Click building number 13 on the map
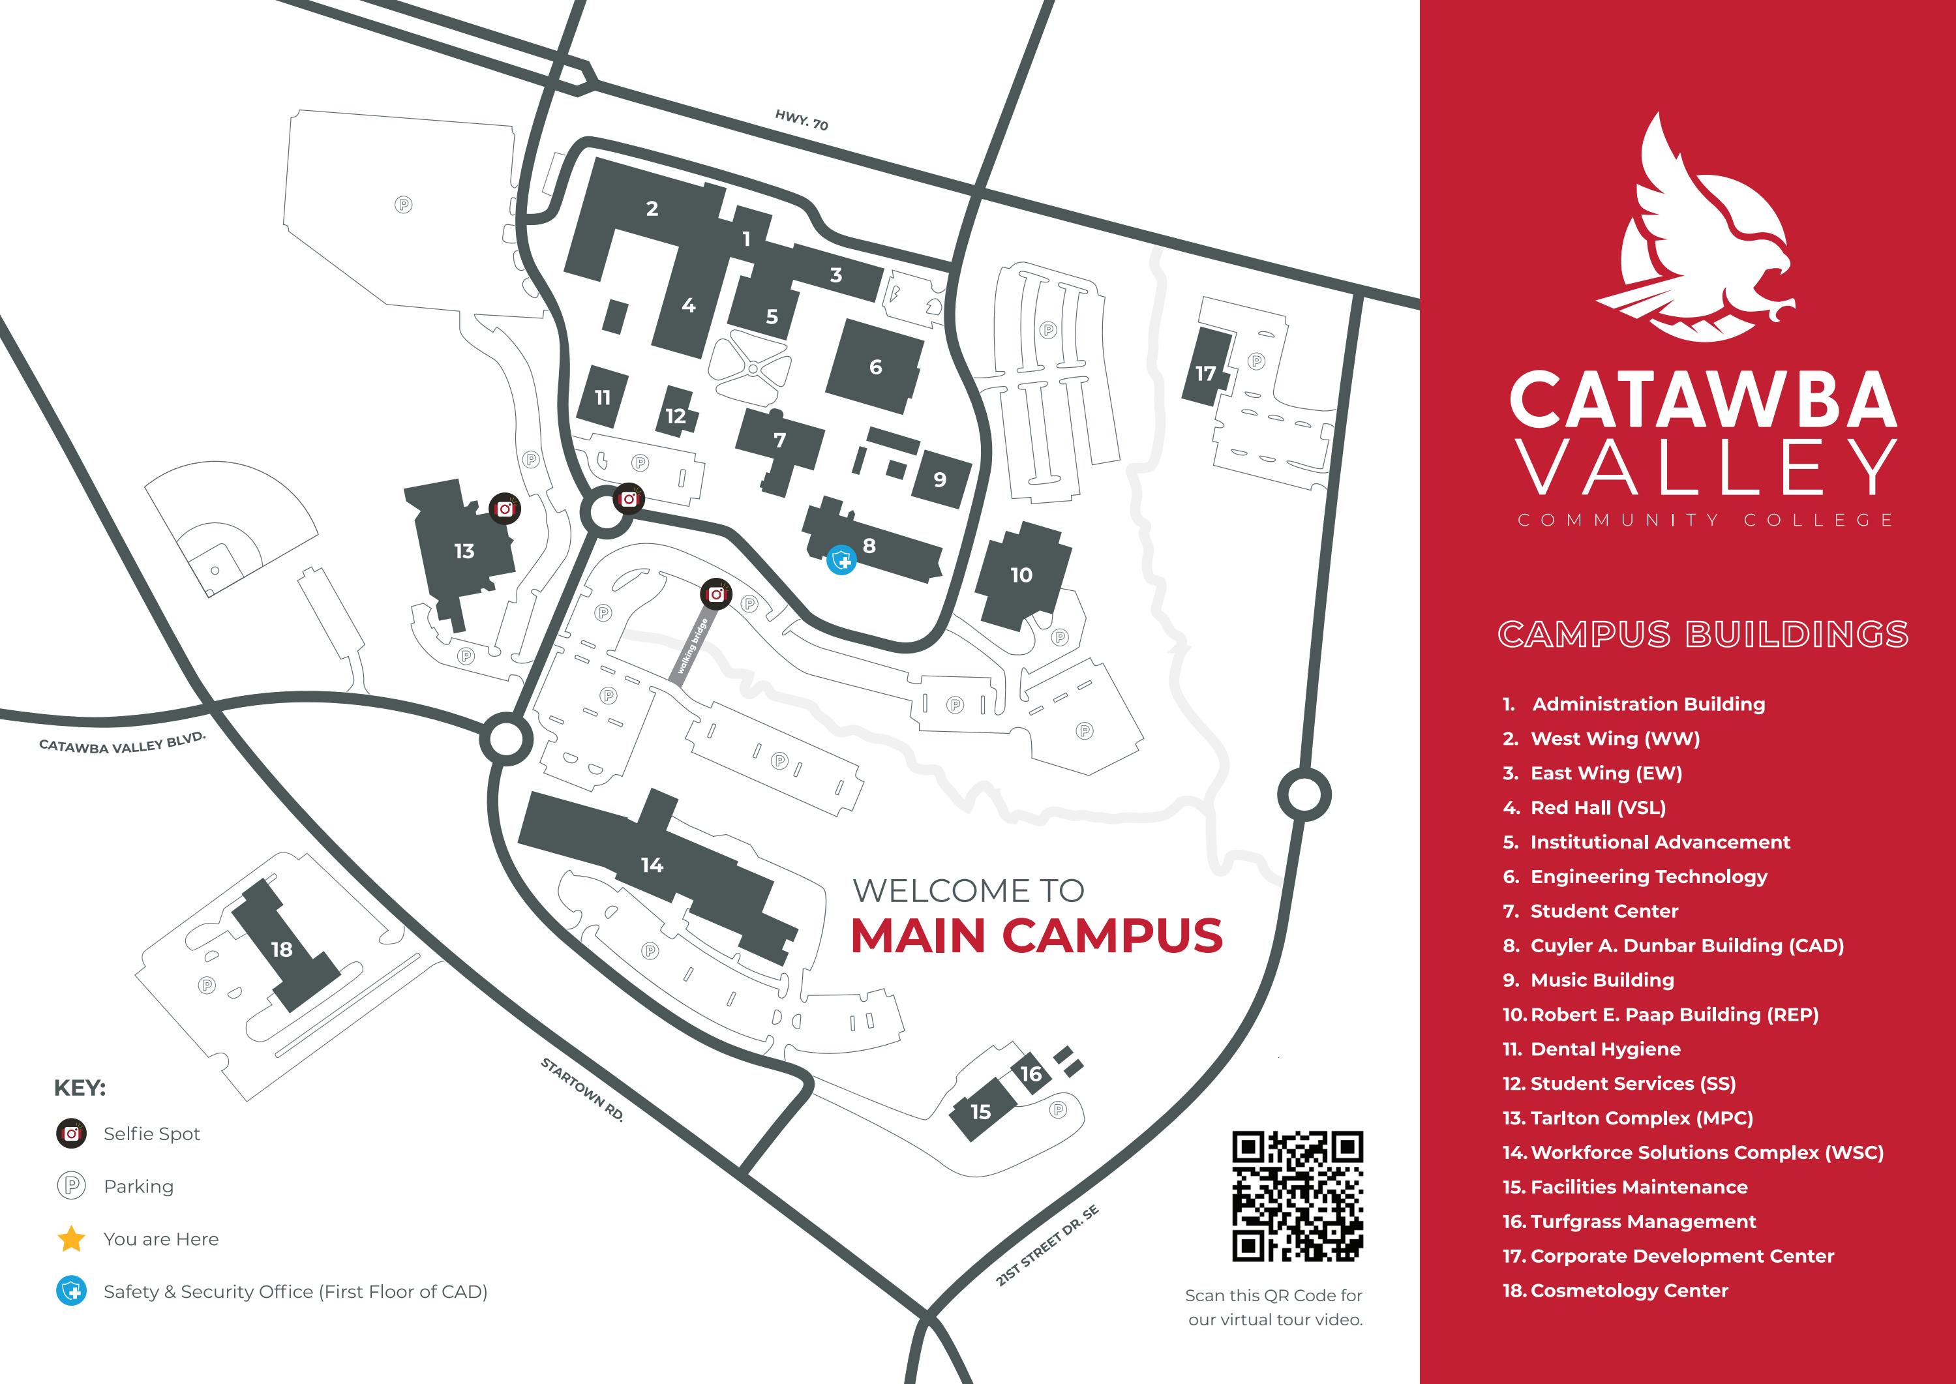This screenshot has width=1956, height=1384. pyautogui.click(x=464, y=551)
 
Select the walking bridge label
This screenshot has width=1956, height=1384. pyautogui.click(x=692, y=648)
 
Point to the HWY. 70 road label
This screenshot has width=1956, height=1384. pyautogui.click(x=801, y=120)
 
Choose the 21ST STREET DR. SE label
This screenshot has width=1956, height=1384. pyautogui.click(x=1047, y=1246)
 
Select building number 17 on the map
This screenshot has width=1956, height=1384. pyautogui.click(x=1205, y=373)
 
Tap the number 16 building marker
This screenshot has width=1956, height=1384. pyautogui.click(x=1031, y=1074)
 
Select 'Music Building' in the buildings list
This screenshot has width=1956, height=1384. pyautogui.click(x=1602, y=980)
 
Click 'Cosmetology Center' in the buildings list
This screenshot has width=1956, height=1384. pyautogui.click(x=1629, y=1290)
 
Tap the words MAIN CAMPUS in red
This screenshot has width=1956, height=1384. pyautogui.click(x=1036, y=936)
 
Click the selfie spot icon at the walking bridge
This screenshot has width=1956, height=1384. pyautogui.click(x=716, y=594)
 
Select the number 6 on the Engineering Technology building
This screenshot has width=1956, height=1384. pyautogui.click(x=875, y=367)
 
